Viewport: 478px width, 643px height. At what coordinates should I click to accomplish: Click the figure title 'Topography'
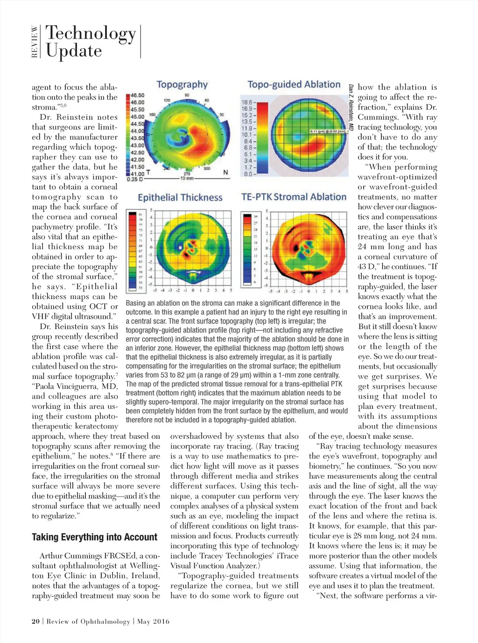182,85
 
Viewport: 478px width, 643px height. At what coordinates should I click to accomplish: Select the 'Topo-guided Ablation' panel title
294,85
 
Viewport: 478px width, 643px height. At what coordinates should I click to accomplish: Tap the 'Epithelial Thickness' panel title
180,197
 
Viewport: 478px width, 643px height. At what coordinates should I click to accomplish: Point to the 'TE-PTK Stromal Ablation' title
294,197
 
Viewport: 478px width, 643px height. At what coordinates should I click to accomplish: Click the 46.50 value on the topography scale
137,95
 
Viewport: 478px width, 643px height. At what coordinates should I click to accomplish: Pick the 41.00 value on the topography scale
137,174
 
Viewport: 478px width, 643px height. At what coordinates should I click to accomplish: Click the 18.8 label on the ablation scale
246,102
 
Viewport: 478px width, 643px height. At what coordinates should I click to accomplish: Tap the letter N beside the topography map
225,172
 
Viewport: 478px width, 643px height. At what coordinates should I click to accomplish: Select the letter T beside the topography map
148,172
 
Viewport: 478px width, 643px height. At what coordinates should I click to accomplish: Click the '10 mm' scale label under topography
187,178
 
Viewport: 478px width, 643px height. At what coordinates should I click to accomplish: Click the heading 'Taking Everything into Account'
95,537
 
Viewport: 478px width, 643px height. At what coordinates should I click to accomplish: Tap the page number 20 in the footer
35,622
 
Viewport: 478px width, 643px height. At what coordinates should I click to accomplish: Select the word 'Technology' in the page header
91,34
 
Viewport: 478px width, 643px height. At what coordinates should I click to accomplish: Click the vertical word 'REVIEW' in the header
35,42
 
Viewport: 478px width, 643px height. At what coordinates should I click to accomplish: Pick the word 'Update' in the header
74,50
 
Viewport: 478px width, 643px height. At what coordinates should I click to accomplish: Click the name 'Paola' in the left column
46,386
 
